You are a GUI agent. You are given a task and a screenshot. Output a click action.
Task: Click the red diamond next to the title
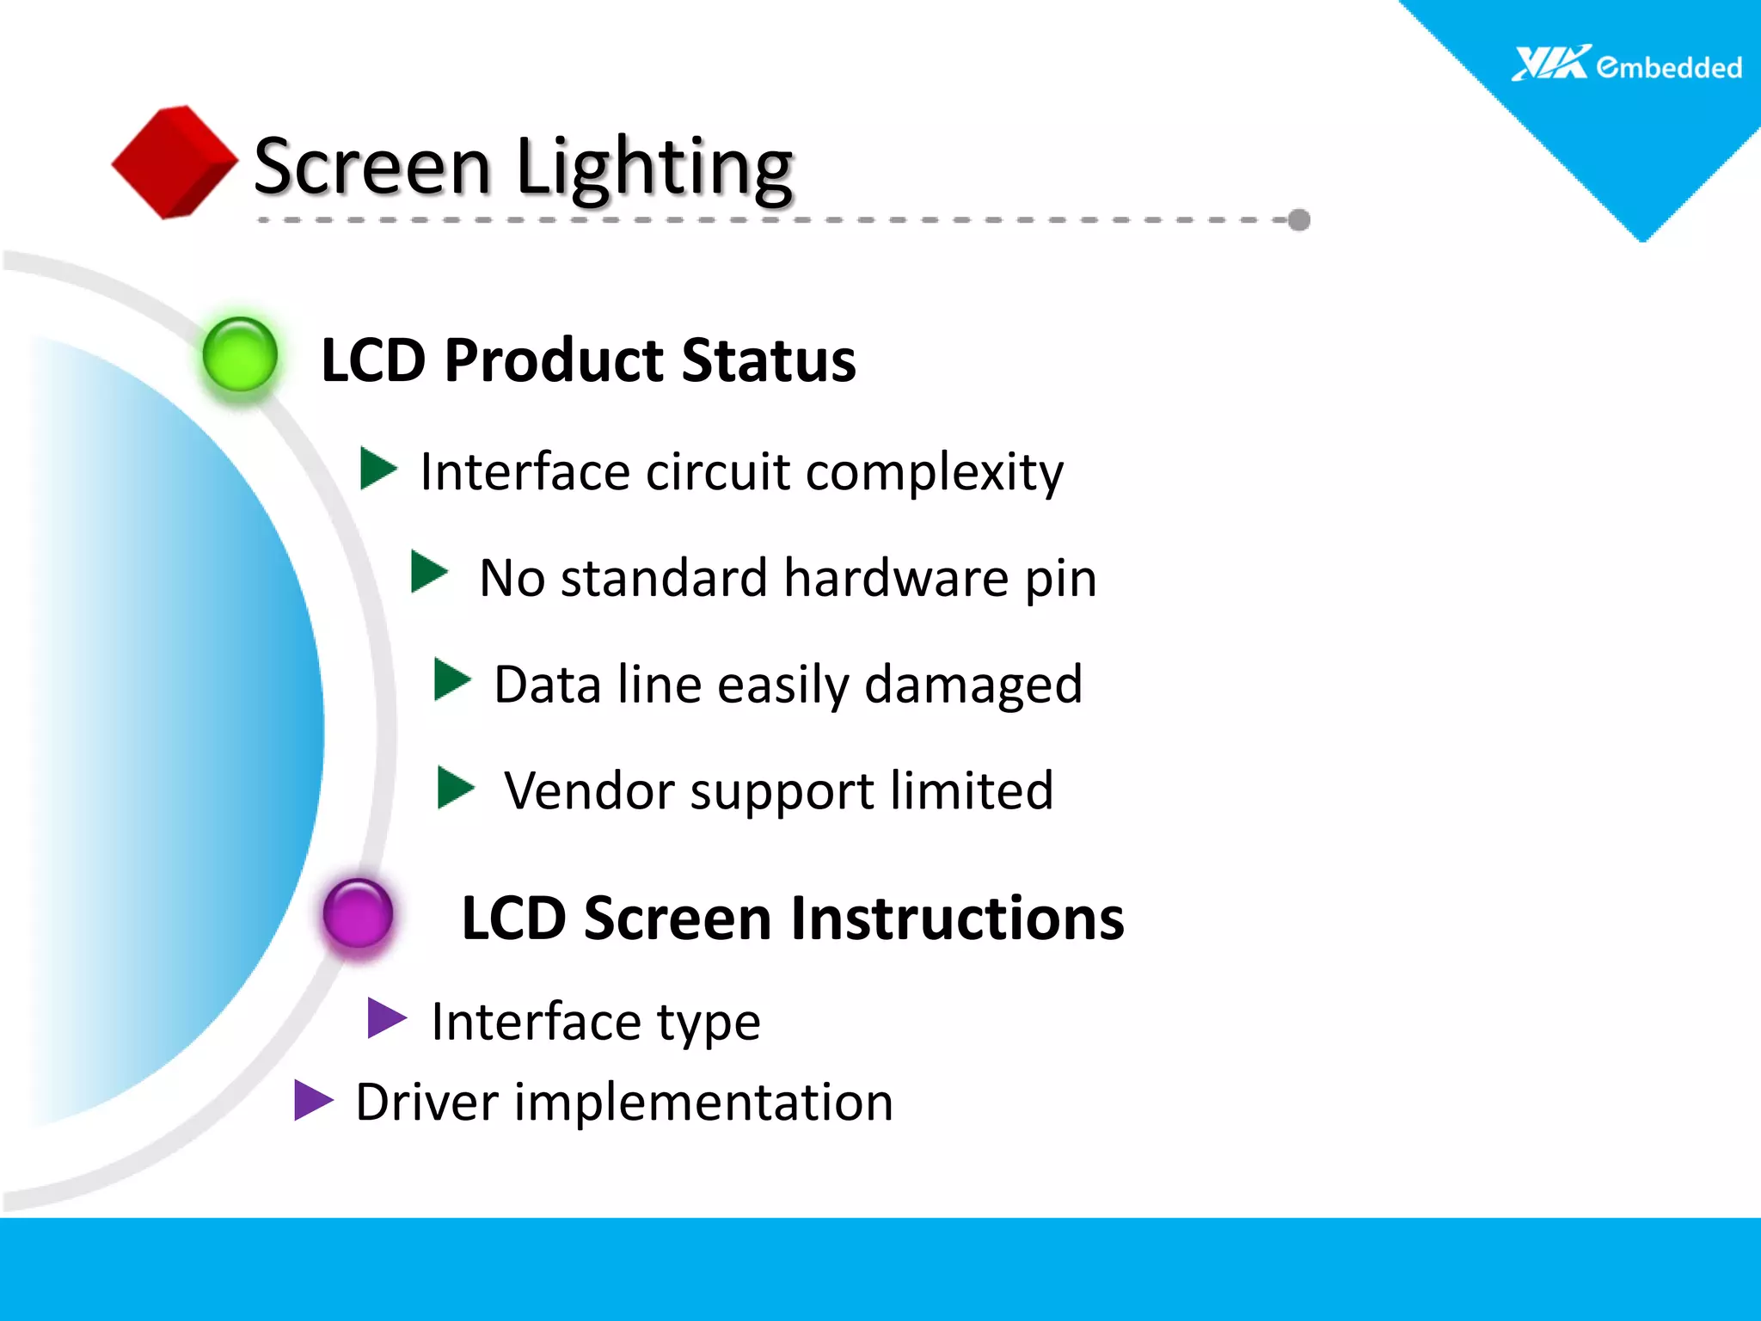(175, 162)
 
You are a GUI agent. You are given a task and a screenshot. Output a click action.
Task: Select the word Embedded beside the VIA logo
(1669, 67)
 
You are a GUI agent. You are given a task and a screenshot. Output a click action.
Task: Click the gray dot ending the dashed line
(1299, 220)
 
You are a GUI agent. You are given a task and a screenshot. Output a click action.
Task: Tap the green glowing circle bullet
(240, 355)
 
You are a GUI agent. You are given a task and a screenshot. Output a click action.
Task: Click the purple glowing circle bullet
(358, 913)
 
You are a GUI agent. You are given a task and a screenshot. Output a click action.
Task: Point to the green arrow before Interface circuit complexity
(377, 469)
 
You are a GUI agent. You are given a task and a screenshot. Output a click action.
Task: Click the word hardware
(896, 578)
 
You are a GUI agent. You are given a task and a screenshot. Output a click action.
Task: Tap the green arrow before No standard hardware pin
(429, 573)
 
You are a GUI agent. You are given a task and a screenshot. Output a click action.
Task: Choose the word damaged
(973, 685)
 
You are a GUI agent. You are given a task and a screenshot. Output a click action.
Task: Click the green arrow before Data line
(451, 680)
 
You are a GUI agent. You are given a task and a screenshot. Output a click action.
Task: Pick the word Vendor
(588, 790)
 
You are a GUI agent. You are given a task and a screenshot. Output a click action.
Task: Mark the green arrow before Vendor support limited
(455, 788)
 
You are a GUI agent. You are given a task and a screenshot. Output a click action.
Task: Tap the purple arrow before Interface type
(385, 1018)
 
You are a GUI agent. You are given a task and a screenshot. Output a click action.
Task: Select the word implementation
(703, 1103)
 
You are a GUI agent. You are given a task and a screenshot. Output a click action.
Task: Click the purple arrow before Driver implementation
(312, 1101)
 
